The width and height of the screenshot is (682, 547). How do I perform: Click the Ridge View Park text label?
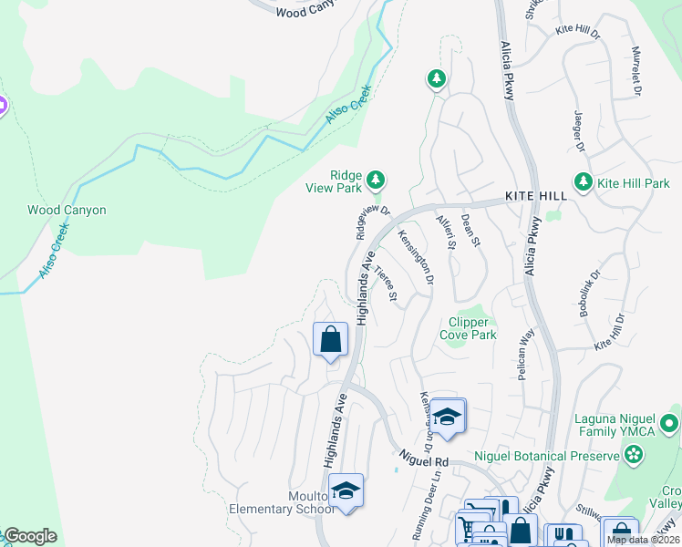[x=333, y=181]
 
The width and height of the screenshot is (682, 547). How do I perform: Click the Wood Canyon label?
[x=67, y=211]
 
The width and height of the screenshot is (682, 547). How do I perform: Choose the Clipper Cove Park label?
[x=472, y=328]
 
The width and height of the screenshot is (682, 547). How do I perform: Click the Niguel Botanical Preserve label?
[x=546, y=456]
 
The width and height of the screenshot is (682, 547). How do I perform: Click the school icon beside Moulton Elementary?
[x=346, y=492]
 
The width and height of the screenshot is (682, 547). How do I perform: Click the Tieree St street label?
[x=387, y=284]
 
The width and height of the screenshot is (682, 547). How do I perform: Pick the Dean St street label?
[x=470, y=230]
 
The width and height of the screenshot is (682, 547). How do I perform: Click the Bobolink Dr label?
[x=588, y=293]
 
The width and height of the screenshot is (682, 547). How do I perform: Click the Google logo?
[x=30, y=536]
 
